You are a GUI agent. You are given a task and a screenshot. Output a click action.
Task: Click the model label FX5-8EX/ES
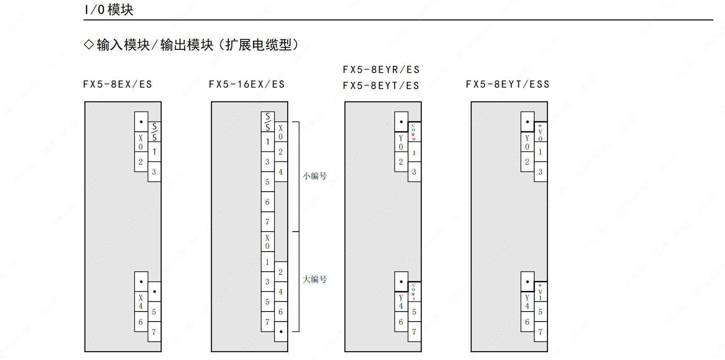(118, 84)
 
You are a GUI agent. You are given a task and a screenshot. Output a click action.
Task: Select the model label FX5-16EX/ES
(247, 84)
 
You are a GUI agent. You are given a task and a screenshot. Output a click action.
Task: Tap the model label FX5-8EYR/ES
(381, 70)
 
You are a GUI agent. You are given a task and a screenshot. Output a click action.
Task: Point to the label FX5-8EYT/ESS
(508, 84)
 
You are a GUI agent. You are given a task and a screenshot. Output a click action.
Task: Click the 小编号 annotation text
(315, 176)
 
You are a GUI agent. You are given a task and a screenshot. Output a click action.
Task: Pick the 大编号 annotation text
(315, 279)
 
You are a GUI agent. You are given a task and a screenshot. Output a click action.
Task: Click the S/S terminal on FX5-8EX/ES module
(155, 132)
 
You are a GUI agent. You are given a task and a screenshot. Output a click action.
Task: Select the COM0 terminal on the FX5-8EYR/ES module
(414, 132)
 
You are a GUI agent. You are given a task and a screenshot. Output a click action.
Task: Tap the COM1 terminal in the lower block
(414, 291)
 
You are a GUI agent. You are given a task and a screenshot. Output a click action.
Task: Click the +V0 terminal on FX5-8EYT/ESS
(540, 132)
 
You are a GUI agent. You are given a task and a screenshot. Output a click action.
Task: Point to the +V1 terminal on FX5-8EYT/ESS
(540, 291)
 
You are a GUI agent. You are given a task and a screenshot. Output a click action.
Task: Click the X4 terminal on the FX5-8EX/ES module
(141, 301)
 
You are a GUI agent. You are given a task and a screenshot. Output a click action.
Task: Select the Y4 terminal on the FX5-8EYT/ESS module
(527, 301)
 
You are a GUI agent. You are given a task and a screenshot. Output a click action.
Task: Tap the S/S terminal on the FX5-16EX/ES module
(268, 122)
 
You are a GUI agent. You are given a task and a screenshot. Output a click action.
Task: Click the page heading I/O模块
(109, 10)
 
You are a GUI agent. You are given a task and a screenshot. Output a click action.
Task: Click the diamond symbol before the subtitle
(89, 44)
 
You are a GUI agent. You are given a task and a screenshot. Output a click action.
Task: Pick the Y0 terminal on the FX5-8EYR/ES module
(401, 142)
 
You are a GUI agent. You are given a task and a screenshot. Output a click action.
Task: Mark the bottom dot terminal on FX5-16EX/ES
(281, 332)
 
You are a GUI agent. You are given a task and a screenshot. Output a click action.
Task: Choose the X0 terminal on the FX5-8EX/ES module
(141, 142)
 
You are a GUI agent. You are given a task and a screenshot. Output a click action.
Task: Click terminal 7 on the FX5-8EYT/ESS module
(540, 332)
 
